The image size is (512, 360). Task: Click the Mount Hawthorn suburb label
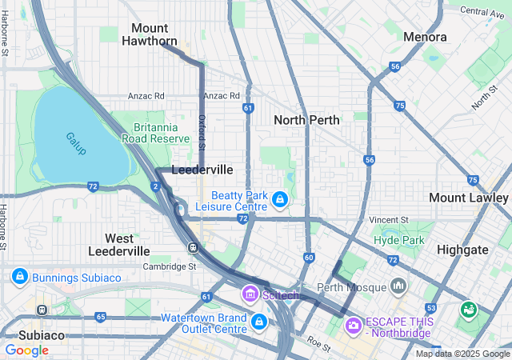[150, 34]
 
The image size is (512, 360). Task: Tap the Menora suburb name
[426, 37]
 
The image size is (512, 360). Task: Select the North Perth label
[306, 120]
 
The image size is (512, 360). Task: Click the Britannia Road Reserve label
[161, 132]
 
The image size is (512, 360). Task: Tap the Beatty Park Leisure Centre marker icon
[279, 198]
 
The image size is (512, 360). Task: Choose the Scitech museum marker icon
[250, 294]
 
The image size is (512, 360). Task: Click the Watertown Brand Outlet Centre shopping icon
[258, 322]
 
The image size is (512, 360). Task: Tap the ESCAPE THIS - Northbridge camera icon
[353, 326]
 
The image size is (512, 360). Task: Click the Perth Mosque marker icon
[398, 286]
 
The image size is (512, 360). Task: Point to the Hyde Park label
[398, 240]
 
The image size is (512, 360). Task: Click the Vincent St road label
[389, 219]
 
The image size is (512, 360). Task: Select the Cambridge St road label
[170, 267]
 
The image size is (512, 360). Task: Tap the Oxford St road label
[202, 133]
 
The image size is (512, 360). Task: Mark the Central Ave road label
[483, 12]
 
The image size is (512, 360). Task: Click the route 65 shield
[100, 318]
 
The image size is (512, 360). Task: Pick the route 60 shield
[309, 258]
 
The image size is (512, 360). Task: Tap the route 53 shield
[431, 308]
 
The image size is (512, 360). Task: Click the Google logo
[26, 350]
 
